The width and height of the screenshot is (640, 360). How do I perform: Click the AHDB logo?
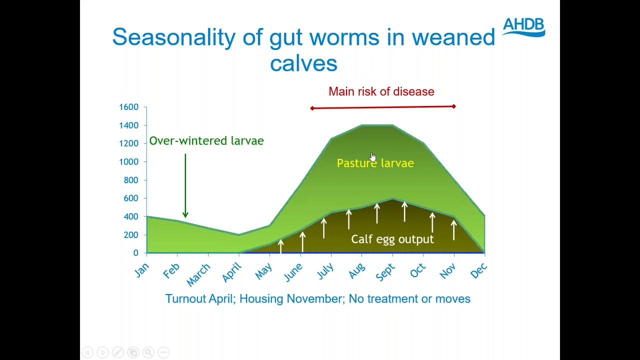(x=523, y=27)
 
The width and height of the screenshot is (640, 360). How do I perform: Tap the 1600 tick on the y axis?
(x=128, y=107)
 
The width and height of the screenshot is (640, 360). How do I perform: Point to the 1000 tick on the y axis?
(x=128, y=162)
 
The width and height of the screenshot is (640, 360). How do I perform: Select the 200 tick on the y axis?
(x=130, y=235)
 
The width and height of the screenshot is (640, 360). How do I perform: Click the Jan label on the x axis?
(x=142, y=269)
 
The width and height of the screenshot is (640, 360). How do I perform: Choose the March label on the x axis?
(x=198, y=275)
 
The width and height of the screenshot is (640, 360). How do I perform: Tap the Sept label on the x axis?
(x=385, y=272)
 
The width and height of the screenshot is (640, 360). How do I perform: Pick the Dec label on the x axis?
(x=478, y=270)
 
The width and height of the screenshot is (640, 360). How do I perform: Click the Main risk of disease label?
(x=381, y=91)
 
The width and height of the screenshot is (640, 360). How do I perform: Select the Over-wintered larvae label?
(x=206, y=141)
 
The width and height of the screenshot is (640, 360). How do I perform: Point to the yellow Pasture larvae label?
(x=375, y=163)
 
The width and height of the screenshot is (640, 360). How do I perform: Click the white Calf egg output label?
(x=392, y=239)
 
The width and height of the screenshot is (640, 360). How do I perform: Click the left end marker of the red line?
(x=312, y=108)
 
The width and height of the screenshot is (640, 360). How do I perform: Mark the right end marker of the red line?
(x=454, y=106)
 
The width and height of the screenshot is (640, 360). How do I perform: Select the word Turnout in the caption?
(x=185, y=299)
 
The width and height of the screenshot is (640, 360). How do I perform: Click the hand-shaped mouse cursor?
(x=372, y=157)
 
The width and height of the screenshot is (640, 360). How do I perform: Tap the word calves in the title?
(x=303, y=64)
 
